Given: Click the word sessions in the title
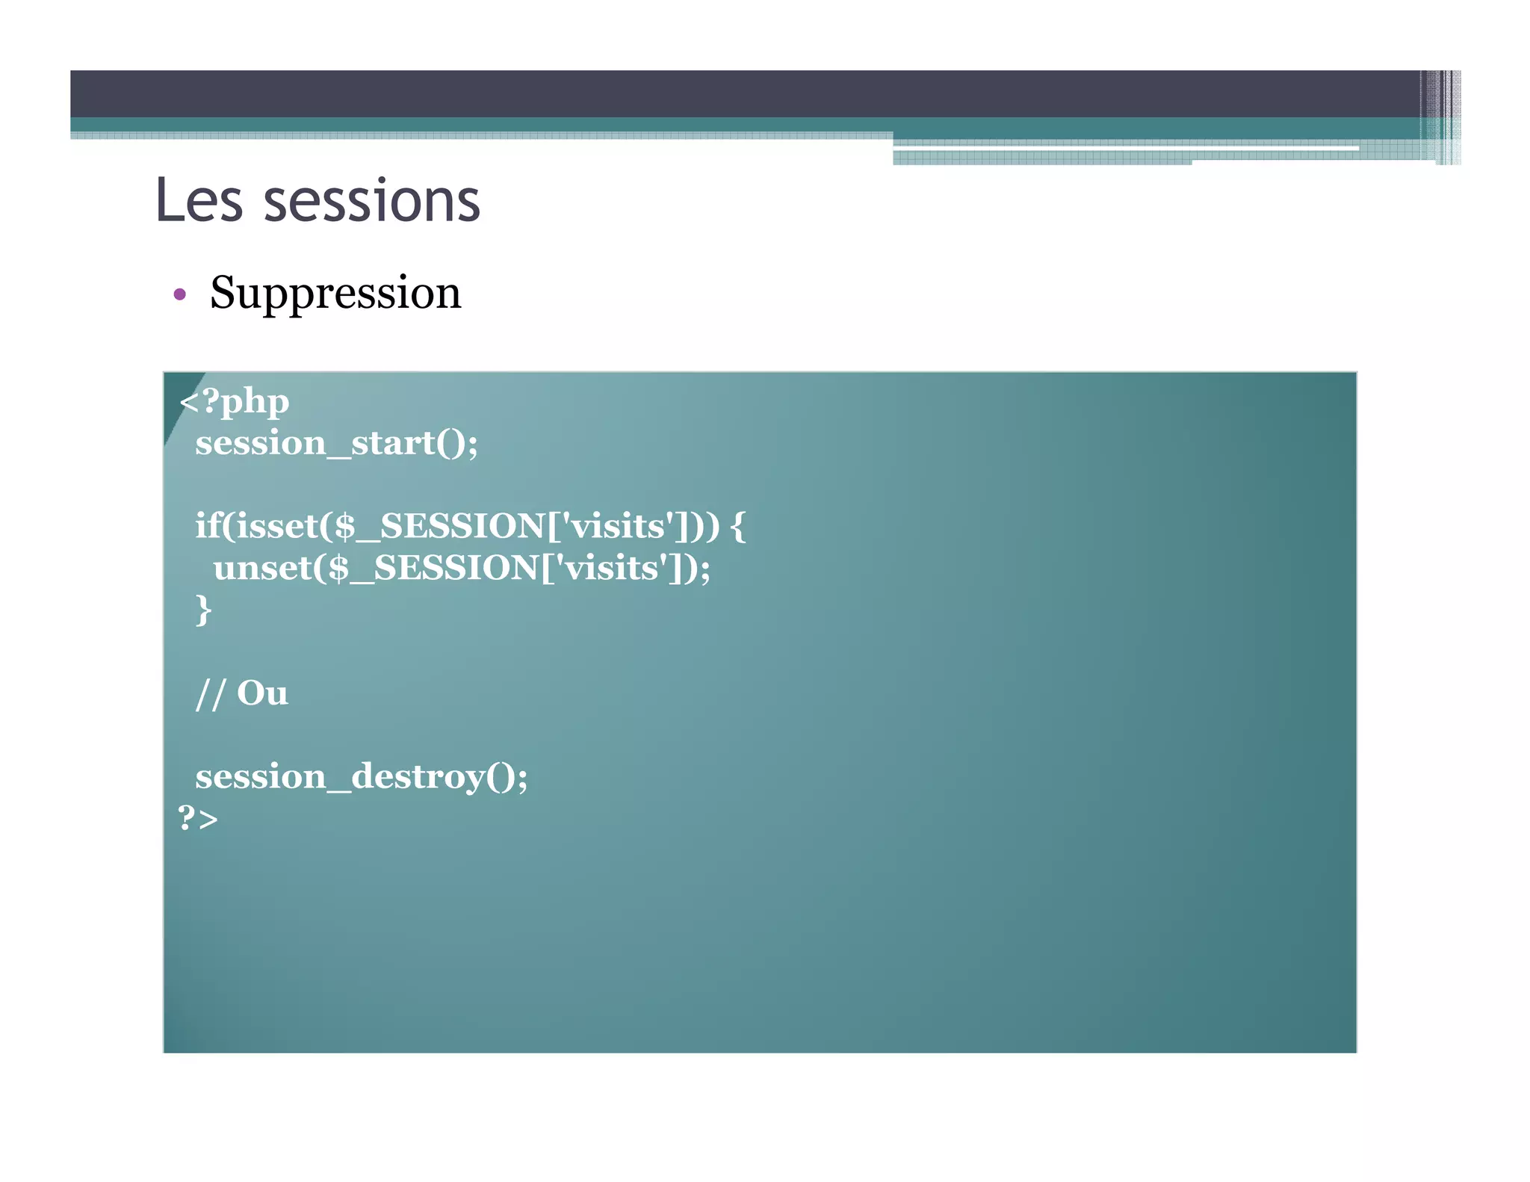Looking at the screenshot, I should [x=371, y=202].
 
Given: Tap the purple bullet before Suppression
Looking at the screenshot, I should [x=179, y=294].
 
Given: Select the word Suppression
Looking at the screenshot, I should [x=335, y=292].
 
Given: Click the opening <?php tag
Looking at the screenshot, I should [x=234, y=402].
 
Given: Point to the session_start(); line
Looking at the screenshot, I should [x=336, y=443].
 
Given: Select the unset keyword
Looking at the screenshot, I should [x=261, y=568].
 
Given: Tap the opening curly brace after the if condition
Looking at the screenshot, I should [x=738, y=526].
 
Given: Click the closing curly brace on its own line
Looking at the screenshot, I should [x=203, y=610].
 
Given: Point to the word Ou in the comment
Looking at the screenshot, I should [x=262, y=693].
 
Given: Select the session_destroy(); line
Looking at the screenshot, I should [x=362, y=776].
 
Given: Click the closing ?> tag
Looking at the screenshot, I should [x=198, y=818].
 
